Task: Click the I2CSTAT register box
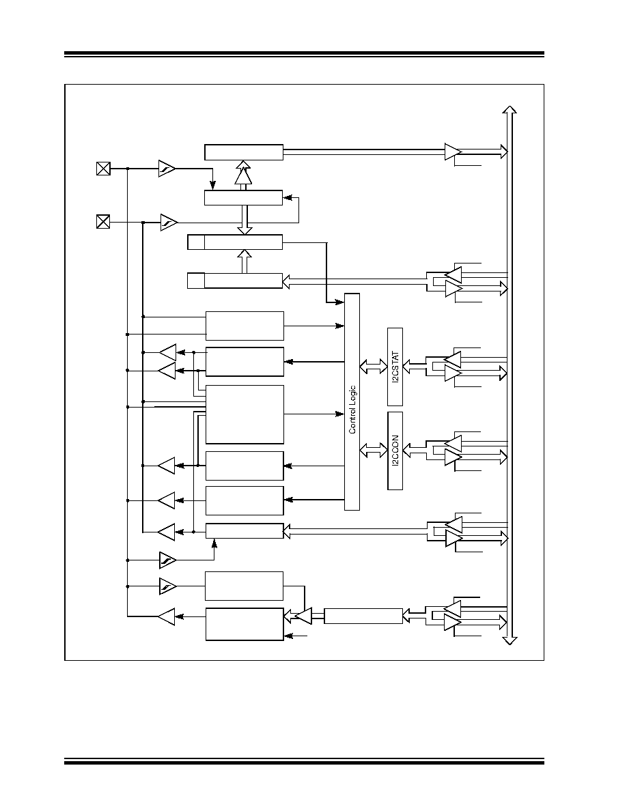pyautogui.click(x=395, y=367)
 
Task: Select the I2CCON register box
pyautogui.click(x=395, y=451)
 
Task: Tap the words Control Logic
pyautogui.click(x=352, y=409)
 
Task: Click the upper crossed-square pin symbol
pyautogui.click(x=103, y=168)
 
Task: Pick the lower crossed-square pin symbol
pyautogui.click(x=103, y=222)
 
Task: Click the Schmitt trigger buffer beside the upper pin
pyautogui.click(x=167, y=168)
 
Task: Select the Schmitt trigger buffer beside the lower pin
pyautogui.click(x=169, y=223)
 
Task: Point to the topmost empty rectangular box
pyautogui.click(x=244, y=152)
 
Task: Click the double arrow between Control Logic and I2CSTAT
pyautogui.click(x=373, y=367)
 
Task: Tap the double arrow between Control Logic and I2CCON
pyautogui.click(x=373, y=450)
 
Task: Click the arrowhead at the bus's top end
pyautogui.click(x=510, y=110)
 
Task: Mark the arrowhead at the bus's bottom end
pyautogui.click(x=510, y=641)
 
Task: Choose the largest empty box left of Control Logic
pyautogui.click(x=245, y=414)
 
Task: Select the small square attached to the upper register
pyautogui.click(x=196, y=242)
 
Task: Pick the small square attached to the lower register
pyautogui.click(x=196, y=281)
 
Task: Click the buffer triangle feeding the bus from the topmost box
pyautogui.click(x=453, y=152)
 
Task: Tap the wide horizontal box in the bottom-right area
pyautogui.click(x=363, y=616)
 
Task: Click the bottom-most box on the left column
pyautogui.click(x=245, y=624)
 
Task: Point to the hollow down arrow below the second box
pyautogui.click(x=245, y=220)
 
